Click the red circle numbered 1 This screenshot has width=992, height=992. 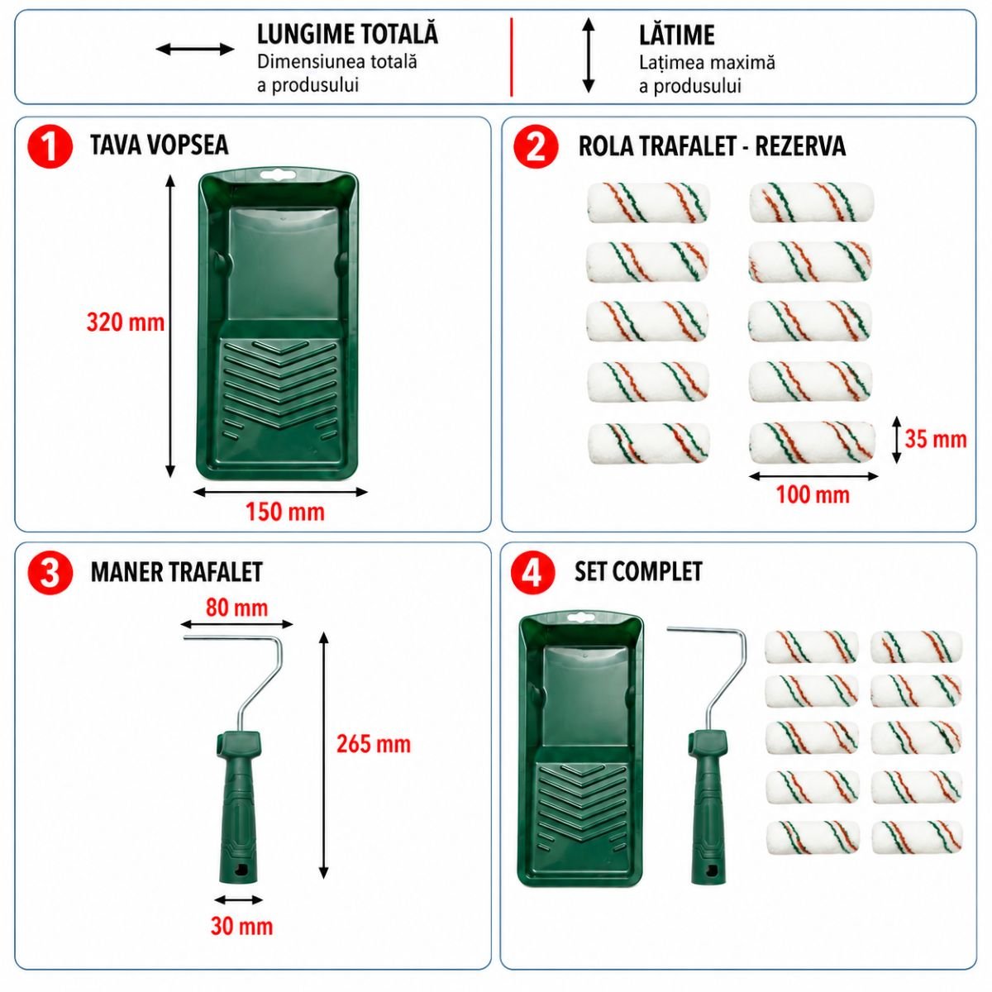point(50,147)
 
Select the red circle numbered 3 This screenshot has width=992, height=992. point(50,573)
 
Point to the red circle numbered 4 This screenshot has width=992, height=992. point(533,572)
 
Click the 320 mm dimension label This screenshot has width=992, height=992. point(125,322)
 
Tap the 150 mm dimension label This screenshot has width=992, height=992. point(284,513)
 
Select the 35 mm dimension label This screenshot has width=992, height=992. point(935,439)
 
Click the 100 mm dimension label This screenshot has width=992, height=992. point(813,494)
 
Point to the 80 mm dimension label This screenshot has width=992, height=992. point(236,608)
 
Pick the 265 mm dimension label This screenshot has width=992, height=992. point(374,744)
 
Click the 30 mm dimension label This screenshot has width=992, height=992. point(241,926)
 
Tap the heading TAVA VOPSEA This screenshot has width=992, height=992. point(159,145)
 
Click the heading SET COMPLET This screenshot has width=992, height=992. point(638,571)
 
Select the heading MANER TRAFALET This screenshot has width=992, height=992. point(177,572)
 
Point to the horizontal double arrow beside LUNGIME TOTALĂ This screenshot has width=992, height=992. point(195,50)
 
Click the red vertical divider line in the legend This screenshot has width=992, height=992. point(511,57)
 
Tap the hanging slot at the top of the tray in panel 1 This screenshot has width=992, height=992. point(278,175)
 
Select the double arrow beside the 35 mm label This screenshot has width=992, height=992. point(896,440)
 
